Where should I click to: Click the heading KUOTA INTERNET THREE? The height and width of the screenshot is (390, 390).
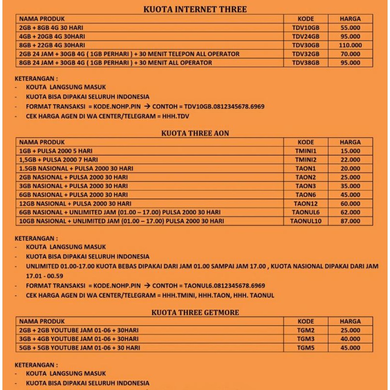point(195,9)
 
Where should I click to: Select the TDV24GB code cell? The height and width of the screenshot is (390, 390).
point(306,37)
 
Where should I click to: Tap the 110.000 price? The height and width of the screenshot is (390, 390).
point(351,45)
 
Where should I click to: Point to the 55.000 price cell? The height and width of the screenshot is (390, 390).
point(351,28)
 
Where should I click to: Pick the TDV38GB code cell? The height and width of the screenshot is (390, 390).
point(306,63)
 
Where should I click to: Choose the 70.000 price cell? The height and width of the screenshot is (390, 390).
point(351,54)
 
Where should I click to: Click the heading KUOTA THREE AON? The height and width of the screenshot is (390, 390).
point(195,133)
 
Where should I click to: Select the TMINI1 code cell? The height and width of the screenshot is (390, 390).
point(306,151)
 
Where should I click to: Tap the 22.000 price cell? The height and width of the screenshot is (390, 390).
point(351,160)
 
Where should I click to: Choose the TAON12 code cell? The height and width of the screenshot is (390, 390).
point(306,204)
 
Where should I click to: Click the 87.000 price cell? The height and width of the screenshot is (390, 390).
point(351,221)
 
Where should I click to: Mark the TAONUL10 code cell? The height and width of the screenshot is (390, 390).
point(306,221)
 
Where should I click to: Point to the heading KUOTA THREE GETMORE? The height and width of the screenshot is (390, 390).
point(195,312)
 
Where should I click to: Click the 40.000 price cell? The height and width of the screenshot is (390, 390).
point(351,339)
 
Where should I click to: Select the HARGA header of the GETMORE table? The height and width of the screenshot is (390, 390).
point(351,322)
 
